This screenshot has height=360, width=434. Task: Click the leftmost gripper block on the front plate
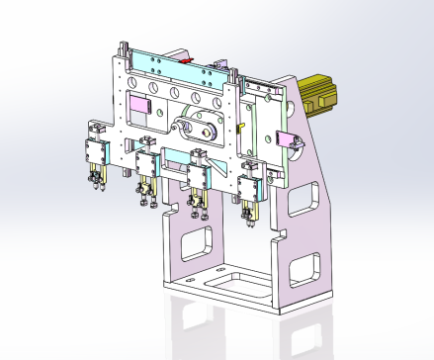coord(97,152)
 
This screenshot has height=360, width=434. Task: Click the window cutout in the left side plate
coord(197,240)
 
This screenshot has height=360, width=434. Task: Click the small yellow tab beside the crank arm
coord(241,129)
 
